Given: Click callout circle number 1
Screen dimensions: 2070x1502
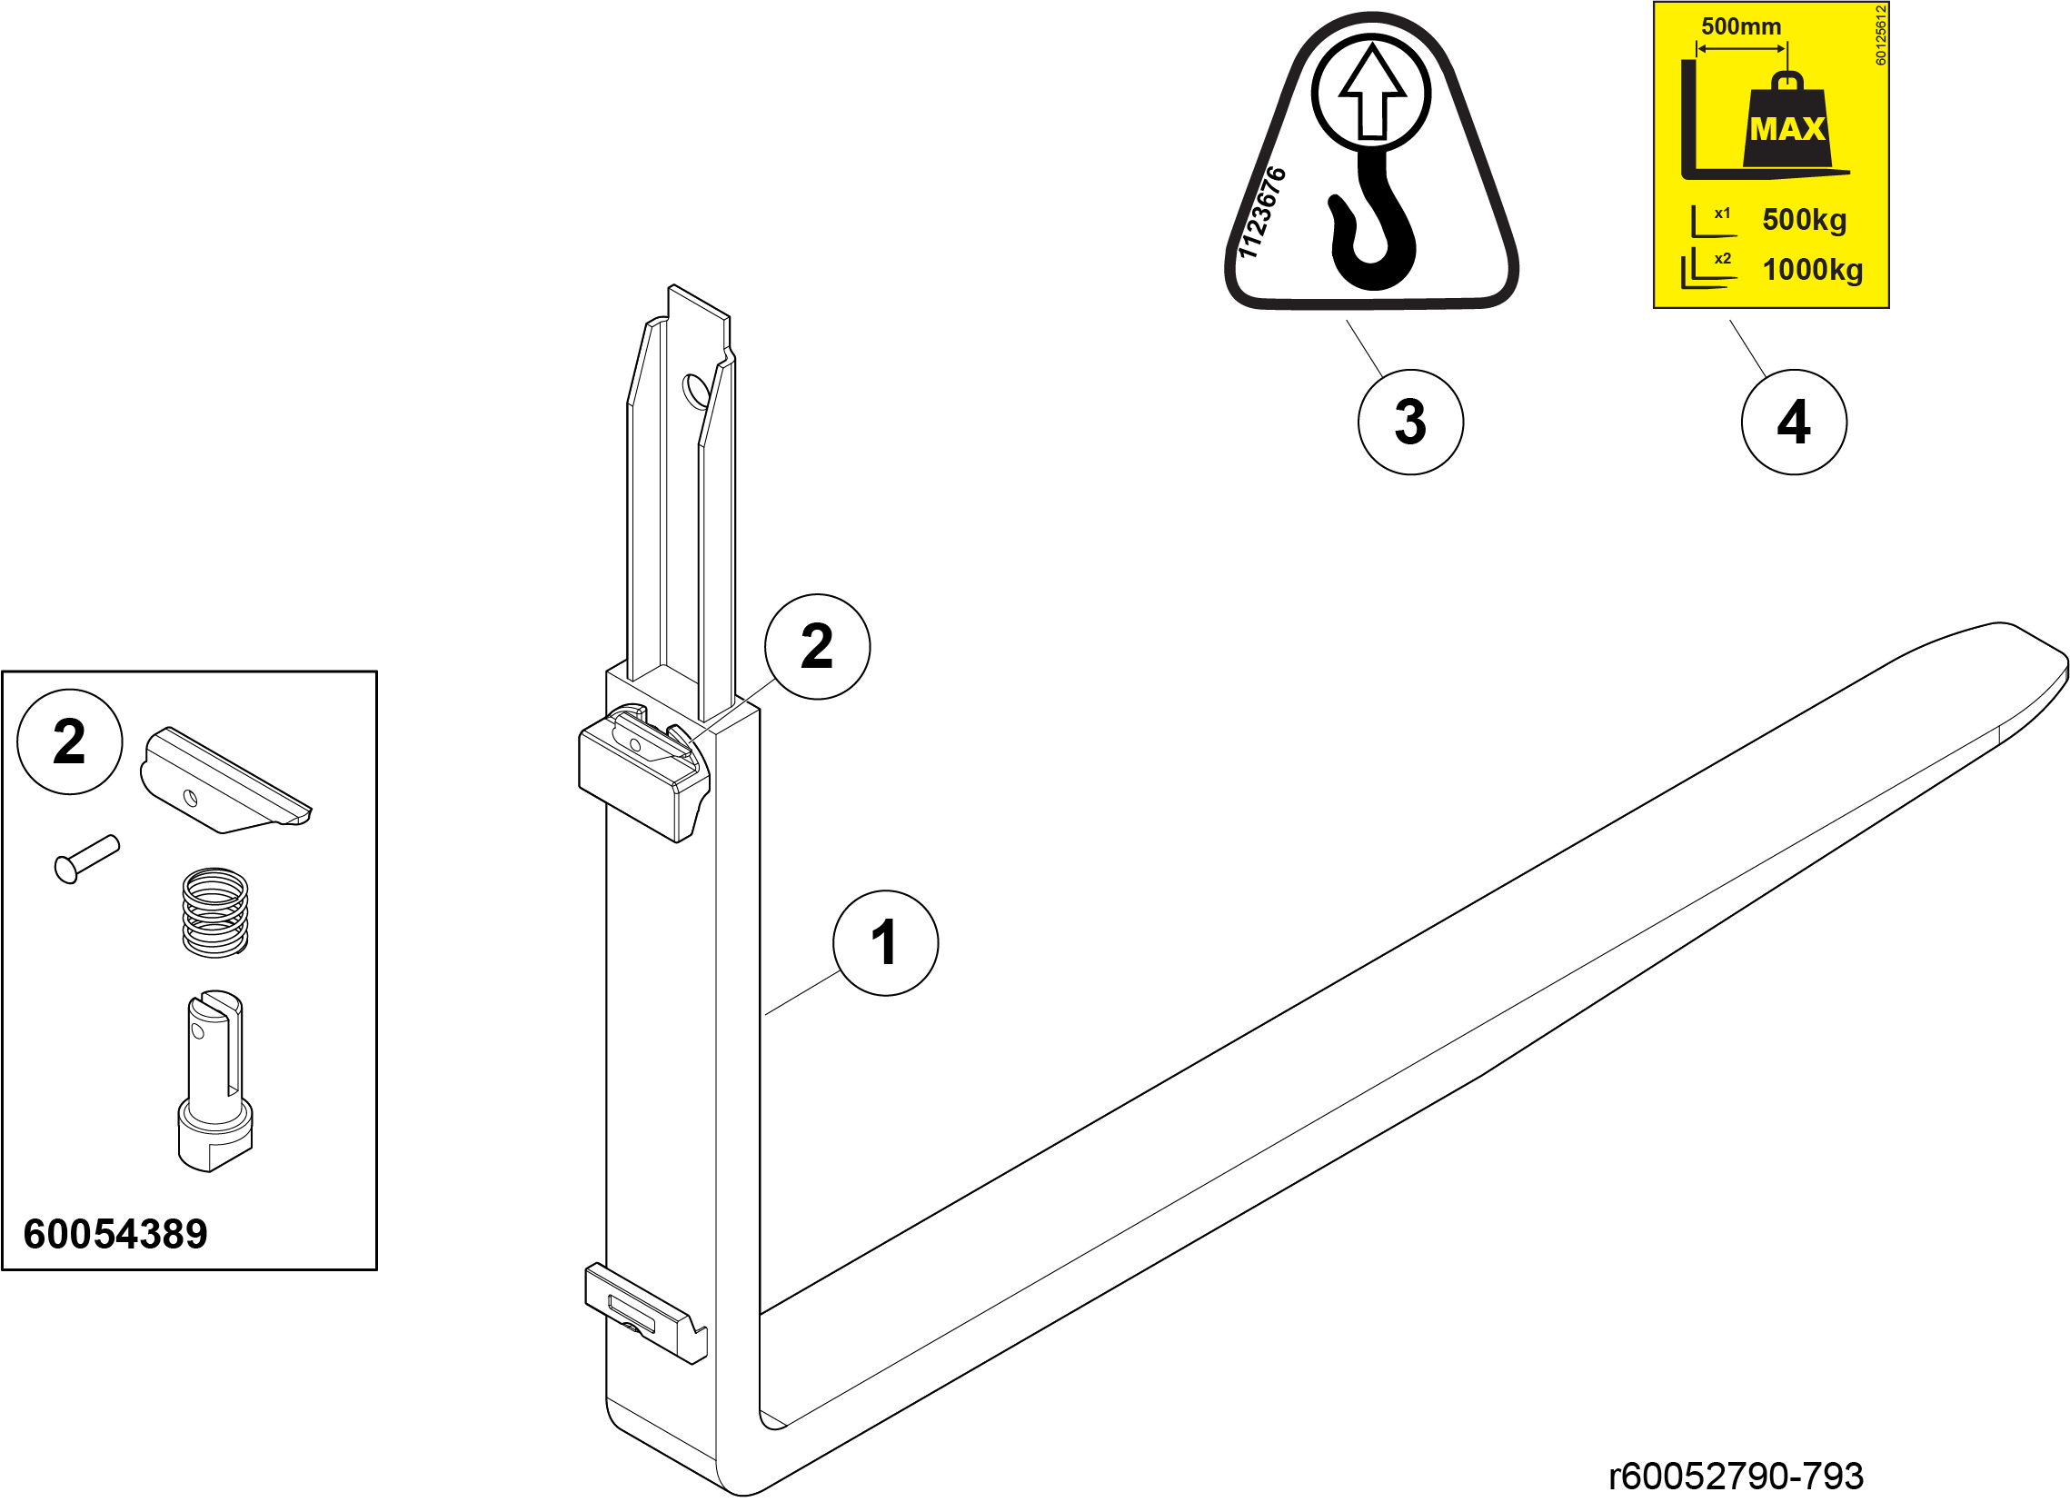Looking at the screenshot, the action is pyautogui.click(x=885, y=942).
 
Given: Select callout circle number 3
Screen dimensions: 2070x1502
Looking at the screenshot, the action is pyautogui.click(x=1410, y=422).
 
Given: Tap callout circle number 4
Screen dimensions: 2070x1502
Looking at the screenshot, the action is pyautogui.click(x=1794, y=422).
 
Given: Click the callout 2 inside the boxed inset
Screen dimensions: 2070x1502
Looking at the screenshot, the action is pyautogui.click(x=69, y=741).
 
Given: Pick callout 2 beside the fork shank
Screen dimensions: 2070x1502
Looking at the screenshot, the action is pyautogui.click(x=817, y=646).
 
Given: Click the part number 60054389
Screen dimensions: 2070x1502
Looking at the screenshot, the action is pyautogui.click(x=116, y=1234).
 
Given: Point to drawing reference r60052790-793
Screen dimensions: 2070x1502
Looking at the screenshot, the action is pyautogui.click(x=1736, y=1476).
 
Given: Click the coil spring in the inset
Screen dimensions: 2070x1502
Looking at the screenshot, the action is pyautogui.click(x=215, y=912).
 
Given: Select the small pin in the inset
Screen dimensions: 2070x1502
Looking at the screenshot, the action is pyautogui.click(x=86, y=860).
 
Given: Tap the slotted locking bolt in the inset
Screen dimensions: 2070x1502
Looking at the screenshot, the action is pyautogui.click(x=214, y=1080).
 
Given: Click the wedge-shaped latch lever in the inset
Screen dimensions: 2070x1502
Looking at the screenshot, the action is pyautogui.click(x=225, y=781).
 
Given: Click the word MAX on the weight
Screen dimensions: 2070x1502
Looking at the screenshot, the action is pyautogui.click(x=1787, y=129).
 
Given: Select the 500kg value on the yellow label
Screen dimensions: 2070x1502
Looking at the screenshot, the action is pyautogui.click(x=1805, y=220).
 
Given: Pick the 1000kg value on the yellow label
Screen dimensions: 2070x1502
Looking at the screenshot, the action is pyautogui.click(x=1813, y=270).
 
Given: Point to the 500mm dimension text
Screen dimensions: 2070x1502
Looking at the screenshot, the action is pyautogui.click(x=1740, y=26).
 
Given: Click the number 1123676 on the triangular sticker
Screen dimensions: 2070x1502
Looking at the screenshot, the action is pyautogui.click(x=1261, y=213).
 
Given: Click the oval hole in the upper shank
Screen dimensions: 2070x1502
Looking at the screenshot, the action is pyautogui.click(x=696, y=393).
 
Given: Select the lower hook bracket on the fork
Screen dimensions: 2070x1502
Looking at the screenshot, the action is pyautogui.click(x=645, y=1313).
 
